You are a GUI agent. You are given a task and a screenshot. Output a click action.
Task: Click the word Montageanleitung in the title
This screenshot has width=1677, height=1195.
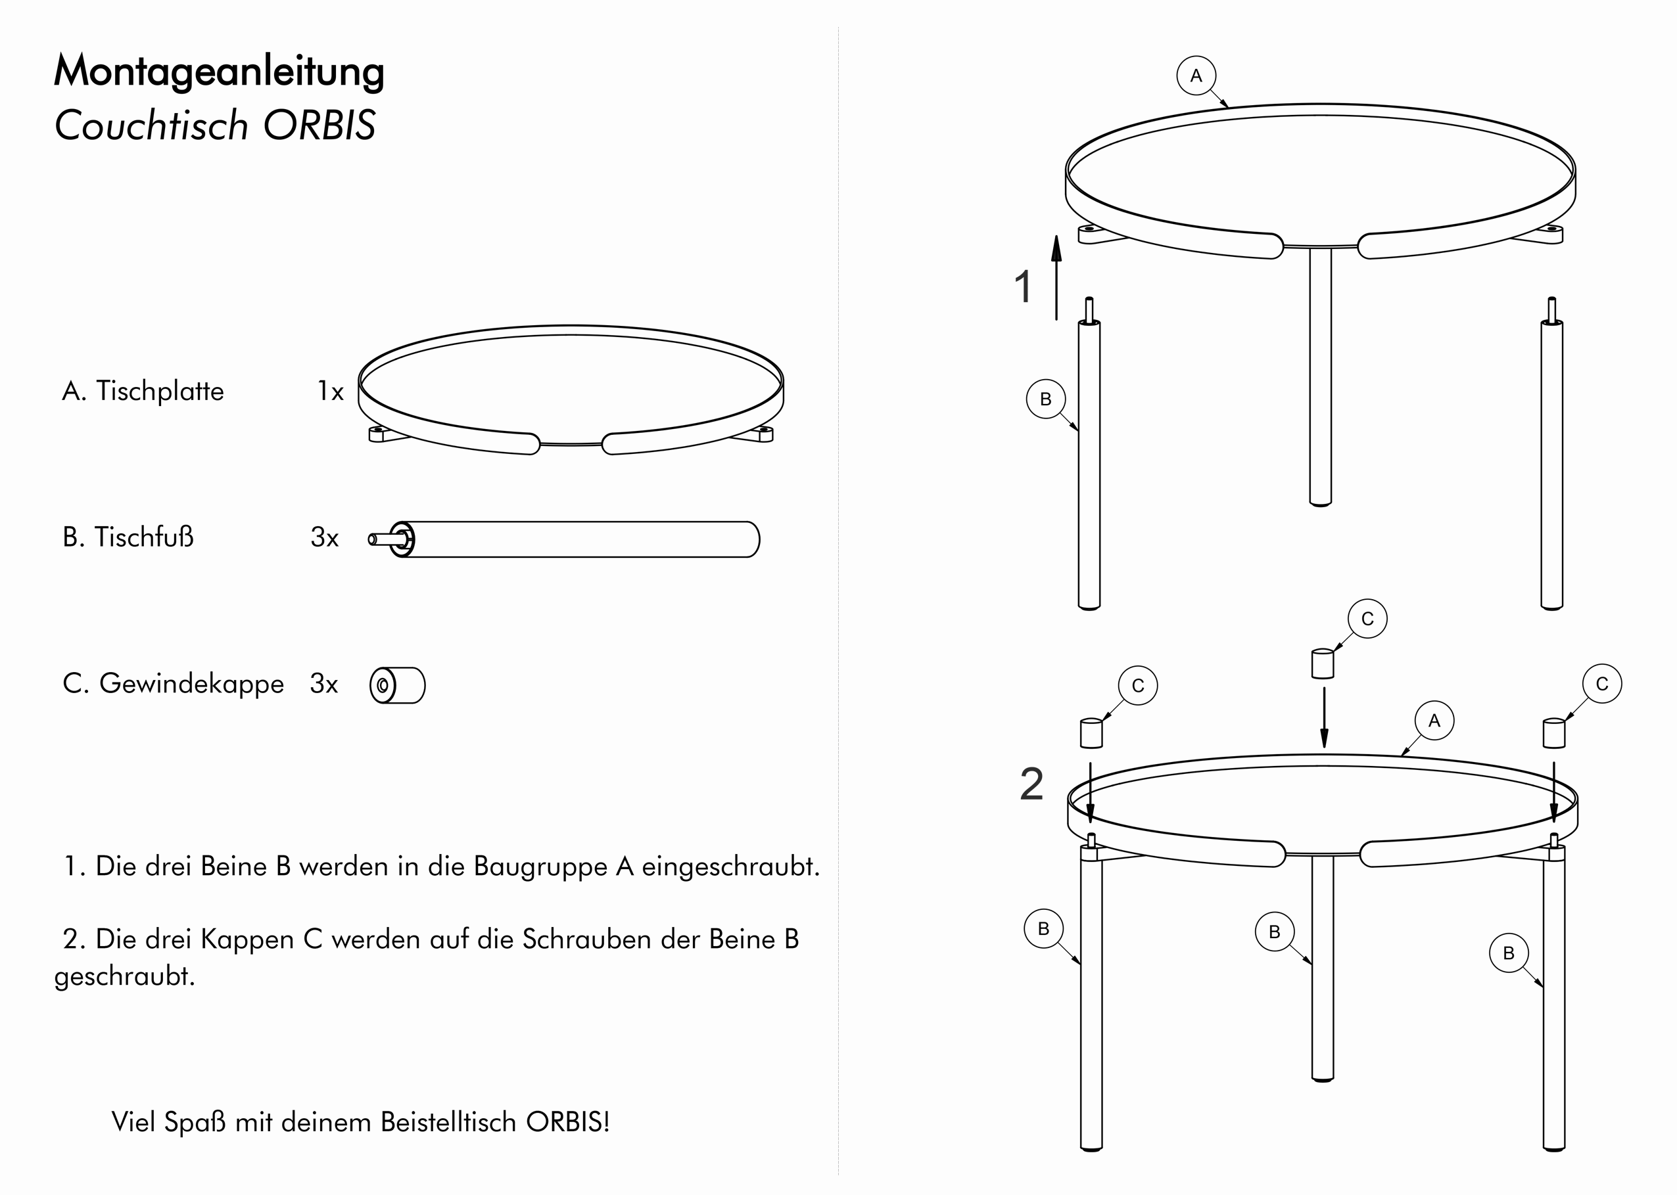(x=219, y=72)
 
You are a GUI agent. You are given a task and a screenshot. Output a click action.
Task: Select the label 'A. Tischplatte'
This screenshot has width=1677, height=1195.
(x=143, y=392)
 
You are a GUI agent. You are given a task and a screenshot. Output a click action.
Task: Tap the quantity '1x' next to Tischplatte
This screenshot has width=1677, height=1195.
(x=331, y=392)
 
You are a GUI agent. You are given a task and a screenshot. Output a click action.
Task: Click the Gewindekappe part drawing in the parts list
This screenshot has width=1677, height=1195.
(x=398, y=685)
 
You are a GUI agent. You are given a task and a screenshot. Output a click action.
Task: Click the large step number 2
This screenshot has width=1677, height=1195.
(x=1031, y=784)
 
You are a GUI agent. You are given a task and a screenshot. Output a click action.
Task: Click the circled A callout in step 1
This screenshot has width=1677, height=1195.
(x=1196, y=76)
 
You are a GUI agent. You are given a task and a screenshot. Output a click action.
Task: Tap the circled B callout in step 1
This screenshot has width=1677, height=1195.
(x=1045, y=399)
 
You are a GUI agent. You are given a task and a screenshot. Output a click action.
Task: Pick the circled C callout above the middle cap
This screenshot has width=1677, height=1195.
(x=1367, y=619)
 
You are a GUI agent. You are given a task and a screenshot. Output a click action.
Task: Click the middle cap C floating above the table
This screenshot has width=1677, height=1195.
(x=1323, y=663)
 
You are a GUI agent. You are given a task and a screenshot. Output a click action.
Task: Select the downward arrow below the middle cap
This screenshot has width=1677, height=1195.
(x=1325, y=717)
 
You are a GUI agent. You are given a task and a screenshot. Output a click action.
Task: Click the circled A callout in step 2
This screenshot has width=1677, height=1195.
(x=1434, y=721)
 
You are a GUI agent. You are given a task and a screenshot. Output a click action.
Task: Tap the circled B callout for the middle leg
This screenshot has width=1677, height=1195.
(x=1274, y=932)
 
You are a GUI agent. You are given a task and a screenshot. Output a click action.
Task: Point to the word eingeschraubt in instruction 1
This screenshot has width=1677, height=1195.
(x=730, y=866)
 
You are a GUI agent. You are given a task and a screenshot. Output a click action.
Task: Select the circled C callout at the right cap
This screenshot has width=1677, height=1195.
(x=1602, y=684)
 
